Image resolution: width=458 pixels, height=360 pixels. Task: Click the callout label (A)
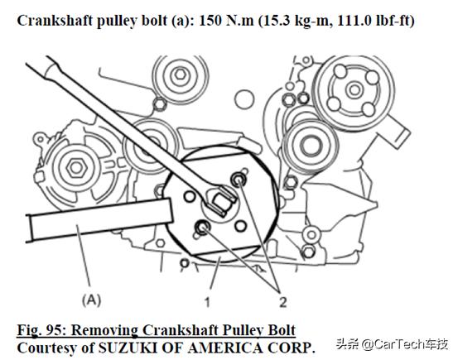pyautogui.click(x=91, y=300)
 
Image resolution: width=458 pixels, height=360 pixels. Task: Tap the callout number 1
pyautogui.click(x=207, y=302)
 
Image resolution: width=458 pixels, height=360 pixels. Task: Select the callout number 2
pyautogui.click(x=282, y=302)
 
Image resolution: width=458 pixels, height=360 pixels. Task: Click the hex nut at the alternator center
pyautogui.click(x=76, y=168)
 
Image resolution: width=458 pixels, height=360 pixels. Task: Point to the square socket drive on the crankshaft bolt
pyautogui.click(x=221, y=201)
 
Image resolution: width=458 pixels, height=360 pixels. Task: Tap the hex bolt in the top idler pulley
pyautogui.click(x=180, y=74)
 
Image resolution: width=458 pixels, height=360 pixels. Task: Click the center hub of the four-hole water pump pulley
pyautogui.click(x=354, y=89)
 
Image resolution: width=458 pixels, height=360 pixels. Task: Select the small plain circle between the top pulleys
pyautogui.click(x=244, y=99)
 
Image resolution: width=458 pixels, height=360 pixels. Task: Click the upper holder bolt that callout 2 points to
pyautogui.click(x=239, y=179)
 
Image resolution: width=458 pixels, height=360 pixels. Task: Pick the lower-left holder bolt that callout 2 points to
pyautogui.click(x=202, y=228)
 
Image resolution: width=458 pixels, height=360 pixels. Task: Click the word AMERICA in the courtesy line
pyautogui.click(x=225, y=348)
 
